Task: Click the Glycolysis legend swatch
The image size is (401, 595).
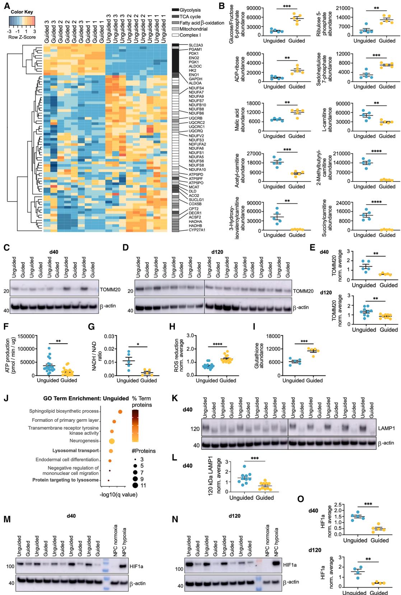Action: pos(175,10)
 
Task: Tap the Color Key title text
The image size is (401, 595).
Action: pos(22,12)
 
